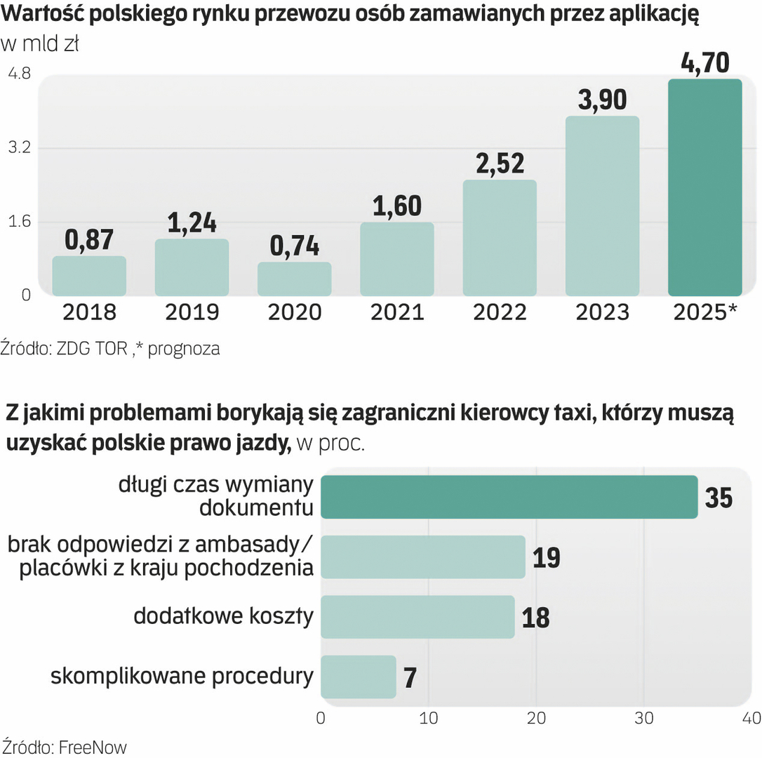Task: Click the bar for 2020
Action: click(x=294, y=279)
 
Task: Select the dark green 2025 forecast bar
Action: click(x=704, y=187)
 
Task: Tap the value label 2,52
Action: click(x=500, y=163)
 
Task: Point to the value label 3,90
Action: click(x=602, y=100)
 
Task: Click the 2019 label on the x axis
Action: click(x=192, y=312)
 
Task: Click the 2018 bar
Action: click(x=89, y=276)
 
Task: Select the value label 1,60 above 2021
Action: click(x=396, y=206)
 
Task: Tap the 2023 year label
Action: click(x=602, y=312)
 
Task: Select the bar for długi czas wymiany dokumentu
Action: click(x=509, y=497)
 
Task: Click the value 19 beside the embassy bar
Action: click(x=546, y=558)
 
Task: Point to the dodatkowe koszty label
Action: click(x=223, y=617)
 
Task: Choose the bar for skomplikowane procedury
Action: click(x=358, y=677)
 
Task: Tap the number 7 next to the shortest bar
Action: click(x=411, y=678)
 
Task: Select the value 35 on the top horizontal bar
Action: click(x=718, y=498)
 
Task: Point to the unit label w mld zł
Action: click(x=40, y=45)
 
